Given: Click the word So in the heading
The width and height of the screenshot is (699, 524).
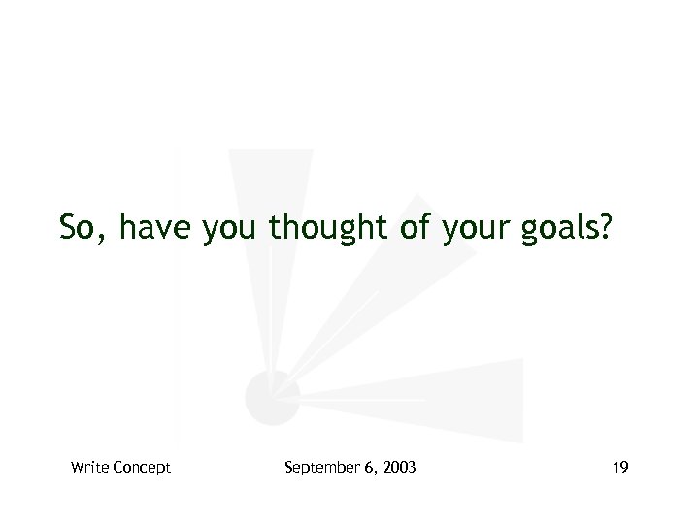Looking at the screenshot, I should pyautogui.click(x=78, y=228).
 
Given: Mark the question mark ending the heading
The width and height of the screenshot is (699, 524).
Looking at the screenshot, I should pyautogui.click(x=606, y=228).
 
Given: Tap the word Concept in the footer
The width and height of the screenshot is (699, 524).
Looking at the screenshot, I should pyautogui.click(x=142, y=468).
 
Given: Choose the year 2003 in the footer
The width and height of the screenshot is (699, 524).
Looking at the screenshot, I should pyautogui.click(x=400, y=468).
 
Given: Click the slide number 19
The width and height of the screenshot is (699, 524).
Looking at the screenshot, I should pyautogui.click(x=620, y=468).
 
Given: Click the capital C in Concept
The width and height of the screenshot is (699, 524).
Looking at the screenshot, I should pyautogui.click(x=117, y=468).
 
